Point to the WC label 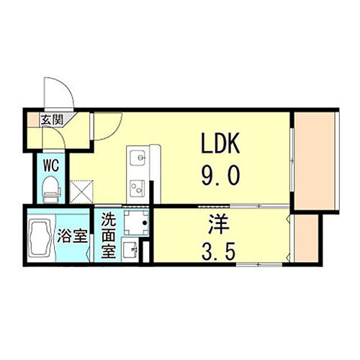pyautogui.click(x=51, y=165)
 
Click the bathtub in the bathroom pyautogui.click(x=41, y=235)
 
